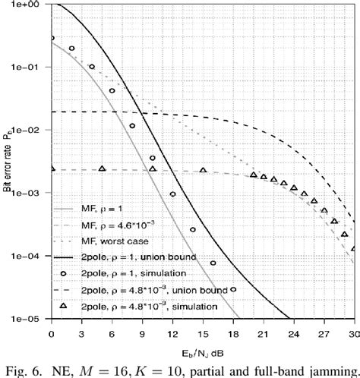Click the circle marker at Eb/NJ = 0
click(51, 38)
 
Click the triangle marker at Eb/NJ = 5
click(102, 169)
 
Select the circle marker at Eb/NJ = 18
click(233, 289)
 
